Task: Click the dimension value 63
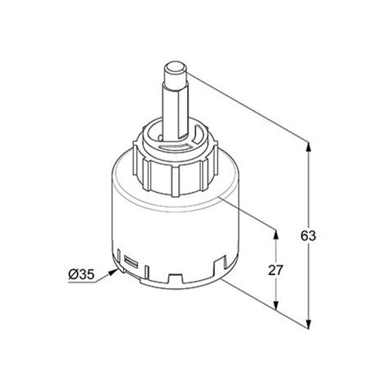[308, 235]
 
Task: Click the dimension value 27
[276, 270]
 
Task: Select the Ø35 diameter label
[81, 275]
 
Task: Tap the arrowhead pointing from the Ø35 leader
[113, 272]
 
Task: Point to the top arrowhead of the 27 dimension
[276, 234]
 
